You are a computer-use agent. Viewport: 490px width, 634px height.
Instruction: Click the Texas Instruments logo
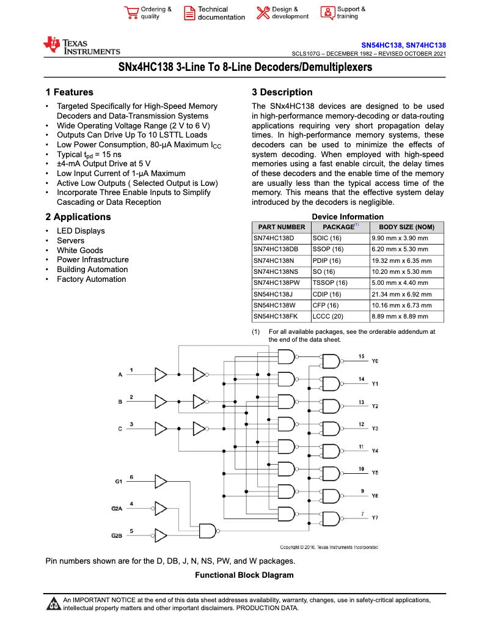[x=81, y=46]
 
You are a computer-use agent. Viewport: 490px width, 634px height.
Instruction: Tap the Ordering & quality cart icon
[x=131, y=13]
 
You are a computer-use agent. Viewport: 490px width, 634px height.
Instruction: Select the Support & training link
[x=351, y=13]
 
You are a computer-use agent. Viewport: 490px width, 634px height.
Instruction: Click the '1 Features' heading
[x=69, y=92]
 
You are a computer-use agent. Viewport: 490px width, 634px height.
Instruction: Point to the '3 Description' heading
[x=282, y=92]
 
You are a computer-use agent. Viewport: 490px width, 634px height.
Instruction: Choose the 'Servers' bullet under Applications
[x=71, y=240]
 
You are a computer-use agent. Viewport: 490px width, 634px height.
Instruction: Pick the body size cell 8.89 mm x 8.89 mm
[x=400, y=317]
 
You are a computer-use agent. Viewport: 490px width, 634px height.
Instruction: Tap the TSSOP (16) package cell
[x=330, y=283]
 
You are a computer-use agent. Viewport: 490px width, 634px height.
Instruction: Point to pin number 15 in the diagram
[x=361, y=356]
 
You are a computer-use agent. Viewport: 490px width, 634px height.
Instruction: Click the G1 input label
[x=119, y=482]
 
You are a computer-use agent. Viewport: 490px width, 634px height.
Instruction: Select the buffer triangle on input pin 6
[x=160, y=481]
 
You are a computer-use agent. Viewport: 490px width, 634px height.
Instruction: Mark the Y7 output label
[x=375, y=518]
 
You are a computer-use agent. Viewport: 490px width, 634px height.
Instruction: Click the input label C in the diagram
[x=120, y=429]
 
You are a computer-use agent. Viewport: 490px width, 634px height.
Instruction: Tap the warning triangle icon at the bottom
[x=53, y=604]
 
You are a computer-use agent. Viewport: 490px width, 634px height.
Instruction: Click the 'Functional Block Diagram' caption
[x=244, y=575]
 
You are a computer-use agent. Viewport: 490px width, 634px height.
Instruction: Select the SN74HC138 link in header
[x=426, y=46]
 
